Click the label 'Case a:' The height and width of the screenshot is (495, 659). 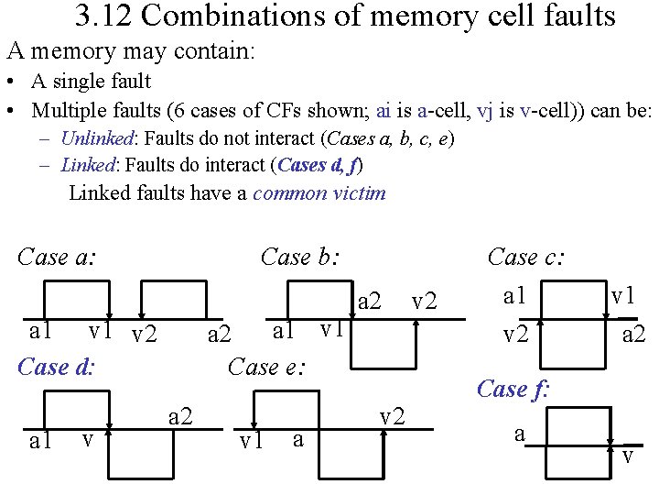click(x=57, y=257)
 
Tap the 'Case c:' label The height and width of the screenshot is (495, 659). click(x=526, y=257)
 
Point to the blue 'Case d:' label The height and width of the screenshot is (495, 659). click(x=57, y=367)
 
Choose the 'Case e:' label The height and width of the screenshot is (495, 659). click(x=266, y=367)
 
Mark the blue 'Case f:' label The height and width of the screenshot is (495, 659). click(x=513, y=389)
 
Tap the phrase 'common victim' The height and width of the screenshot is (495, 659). click(x=319, y=192)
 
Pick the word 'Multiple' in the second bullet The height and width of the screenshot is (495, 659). click(x=66, y=111)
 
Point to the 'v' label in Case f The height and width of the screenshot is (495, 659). click(x=627, y=456)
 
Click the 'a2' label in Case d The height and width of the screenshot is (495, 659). click(x=181, y=417)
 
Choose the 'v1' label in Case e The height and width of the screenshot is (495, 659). click(x=250, y=442)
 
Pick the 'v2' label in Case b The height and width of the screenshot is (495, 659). click(x=424, y=301)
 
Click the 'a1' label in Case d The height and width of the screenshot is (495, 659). click(x=40, y=442)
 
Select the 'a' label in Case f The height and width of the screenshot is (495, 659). click(x=519, y=433)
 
